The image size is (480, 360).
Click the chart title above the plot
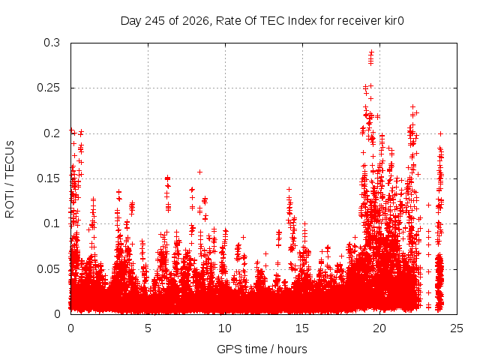pos(262,21)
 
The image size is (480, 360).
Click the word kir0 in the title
pos(394,21)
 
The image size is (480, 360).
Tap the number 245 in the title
pos(154,21)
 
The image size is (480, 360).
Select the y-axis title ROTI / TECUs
pos(10,179)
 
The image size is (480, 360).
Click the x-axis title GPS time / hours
pos(262,349)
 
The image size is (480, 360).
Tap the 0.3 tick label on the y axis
pos(52,43)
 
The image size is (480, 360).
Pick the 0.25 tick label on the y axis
pos(49,88)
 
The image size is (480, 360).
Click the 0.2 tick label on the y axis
pos(52,133)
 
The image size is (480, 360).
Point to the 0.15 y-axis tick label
pos(49,178)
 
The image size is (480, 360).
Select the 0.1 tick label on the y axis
pos(52,223)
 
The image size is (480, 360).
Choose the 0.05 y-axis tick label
pos(49,269)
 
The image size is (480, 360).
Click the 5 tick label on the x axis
pos(148,328)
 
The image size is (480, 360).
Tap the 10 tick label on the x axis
pos(225,328)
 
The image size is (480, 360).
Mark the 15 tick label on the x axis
pos(302,328)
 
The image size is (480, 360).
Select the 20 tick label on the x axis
pos(379,328)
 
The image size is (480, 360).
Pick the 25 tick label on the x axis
pos(457,328)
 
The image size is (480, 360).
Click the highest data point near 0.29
pos(371,52)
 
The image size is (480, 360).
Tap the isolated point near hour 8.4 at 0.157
pos(200,172)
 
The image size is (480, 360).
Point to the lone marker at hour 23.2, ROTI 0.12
pos(429,205)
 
